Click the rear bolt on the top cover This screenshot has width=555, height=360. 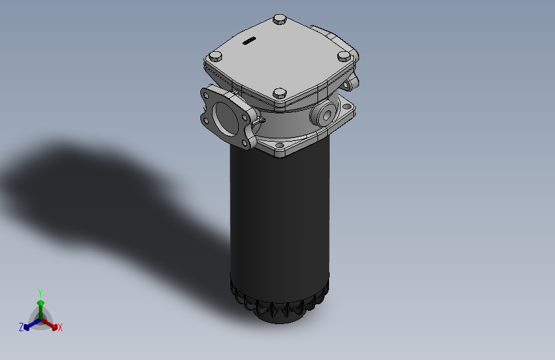pyautogui.click(x=280, y=20)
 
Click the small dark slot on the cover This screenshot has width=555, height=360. pyautogui.click(x=248, y=42)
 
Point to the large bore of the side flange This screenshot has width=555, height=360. pyautogui.click(x=226, y=116)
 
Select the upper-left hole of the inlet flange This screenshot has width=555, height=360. pyautogui.click(x=209, y=95)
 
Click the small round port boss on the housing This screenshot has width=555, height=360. pyautogui.click(x=323, y=115)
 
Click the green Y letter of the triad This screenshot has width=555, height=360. pyautogui.click(x=40, y=292)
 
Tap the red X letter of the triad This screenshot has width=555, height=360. pyautogui.click(x=60, y=328)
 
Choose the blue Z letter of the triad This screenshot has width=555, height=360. pyautogui.click(x=21, y=327)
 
